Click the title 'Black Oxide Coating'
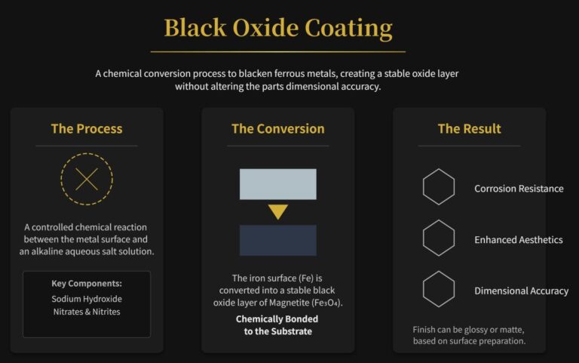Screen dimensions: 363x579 [278, 28]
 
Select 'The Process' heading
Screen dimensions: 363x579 [87, 128]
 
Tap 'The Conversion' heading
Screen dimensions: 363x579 [278, 128]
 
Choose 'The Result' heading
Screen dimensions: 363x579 [469, 128]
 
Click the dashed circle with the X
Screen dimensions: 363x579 [87, 180]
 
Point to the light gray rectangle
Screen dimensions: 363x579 [278, 184]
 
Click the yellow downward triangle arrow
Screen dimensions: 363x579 [278, 212]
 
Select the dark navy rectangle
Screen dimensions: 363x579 [278, 240]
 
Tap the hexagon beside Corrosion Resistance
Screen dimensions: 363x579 [439, 188]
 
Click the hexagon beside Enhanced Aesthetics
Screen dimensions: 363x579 [439, 239]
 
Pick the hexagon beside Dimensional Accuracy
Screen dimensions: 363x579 [439, 291]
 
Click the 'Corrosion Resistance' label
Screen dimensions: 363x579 [519, 189]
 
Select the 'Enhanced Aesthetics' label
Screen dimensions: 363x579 [519, 240]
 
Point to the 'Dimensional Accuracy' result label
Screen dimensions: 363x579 [522, 291]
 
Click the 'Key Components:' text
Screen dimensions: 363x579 [87, 284]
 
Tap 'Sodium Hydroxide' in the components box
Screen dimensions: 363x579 [87, 299]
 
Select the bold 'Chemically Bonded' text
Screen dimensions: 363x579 [278, 318]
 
